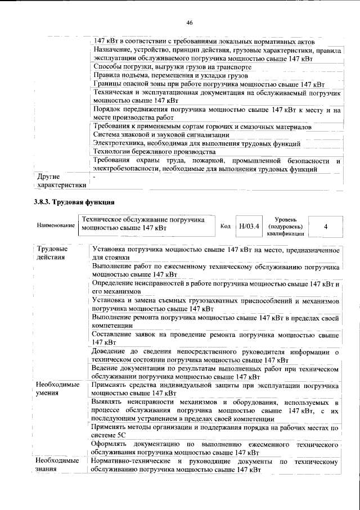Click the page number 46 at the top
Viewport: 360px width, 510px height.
pyautogui.click(x=190, y=22)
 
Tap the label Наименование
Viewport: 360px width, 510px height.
pyautogui.click(x=56, y=225)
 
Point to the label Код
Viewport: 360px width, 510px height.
pyautogui.click(x=225, y=226)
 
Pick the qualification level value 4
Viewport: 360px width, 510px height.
pyautogui.click(x=326, y=225)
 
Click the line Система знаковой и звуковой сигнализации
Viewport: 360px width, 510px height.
pyautogui.click(x=161, y=135)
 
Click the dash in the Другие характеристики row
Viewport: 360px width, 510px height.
pyautogui.click(x=94, y=177)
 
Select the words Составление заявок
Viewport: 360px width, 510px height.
pyautogui.click(x=120, y=335)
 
